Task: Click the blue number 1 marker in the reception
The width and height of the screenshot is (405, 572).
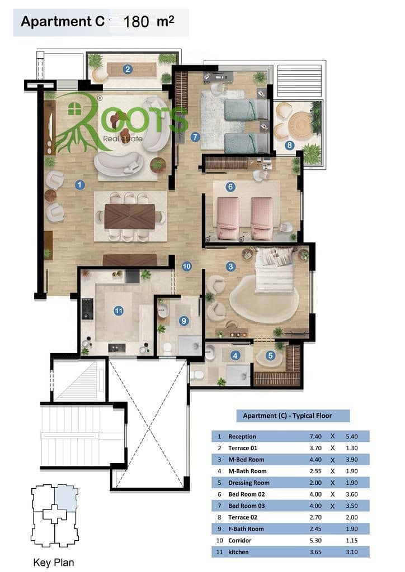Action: point(79,184)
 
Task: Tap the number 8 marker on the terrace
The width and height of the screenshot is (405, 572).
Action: point(289,145)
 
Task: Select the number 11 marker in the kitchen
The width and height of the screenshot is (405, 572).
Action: point(119,311)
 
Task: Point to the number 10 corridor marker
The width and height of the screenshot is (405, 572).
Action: point(187,266)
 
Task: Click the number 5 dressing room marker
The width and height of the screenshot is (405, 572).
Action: point(270,356)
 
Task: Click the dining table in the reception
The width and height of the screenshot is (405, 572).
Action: point(130,216)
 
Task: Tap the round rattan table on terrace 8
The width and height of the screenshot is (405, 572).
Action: point(301,125)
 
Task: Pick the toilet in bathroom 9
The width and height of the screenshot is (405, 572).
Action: point(168,349)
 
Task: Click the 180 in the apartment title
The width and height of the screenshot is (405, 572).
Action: point(136,22)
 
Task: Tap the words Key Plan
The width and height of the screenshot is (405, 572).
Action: point(53,563)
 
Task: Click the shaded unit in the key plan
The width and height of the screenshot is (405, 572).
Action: point(66,498)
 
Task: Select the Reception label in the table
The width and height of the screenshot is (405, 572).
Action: point(242,436)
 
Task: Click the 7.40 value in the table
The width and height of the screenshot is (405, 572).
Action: point(315,436)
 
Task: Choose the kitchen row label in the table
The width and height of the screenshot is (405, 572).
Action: point(238,552)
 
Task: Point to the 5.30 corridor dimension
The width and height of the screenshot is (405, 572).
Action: point(315,540)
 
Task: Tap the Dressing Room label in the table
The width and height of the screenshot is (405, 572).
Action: point(249,483)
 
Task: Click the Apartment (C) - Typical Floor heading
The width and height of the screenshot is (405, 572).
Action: point(288,416)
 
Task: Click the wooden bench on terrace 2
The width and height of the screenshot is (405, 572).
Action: point(131,69)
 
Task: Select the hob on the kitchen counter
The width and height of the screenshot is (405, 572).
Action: point(87,308)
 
